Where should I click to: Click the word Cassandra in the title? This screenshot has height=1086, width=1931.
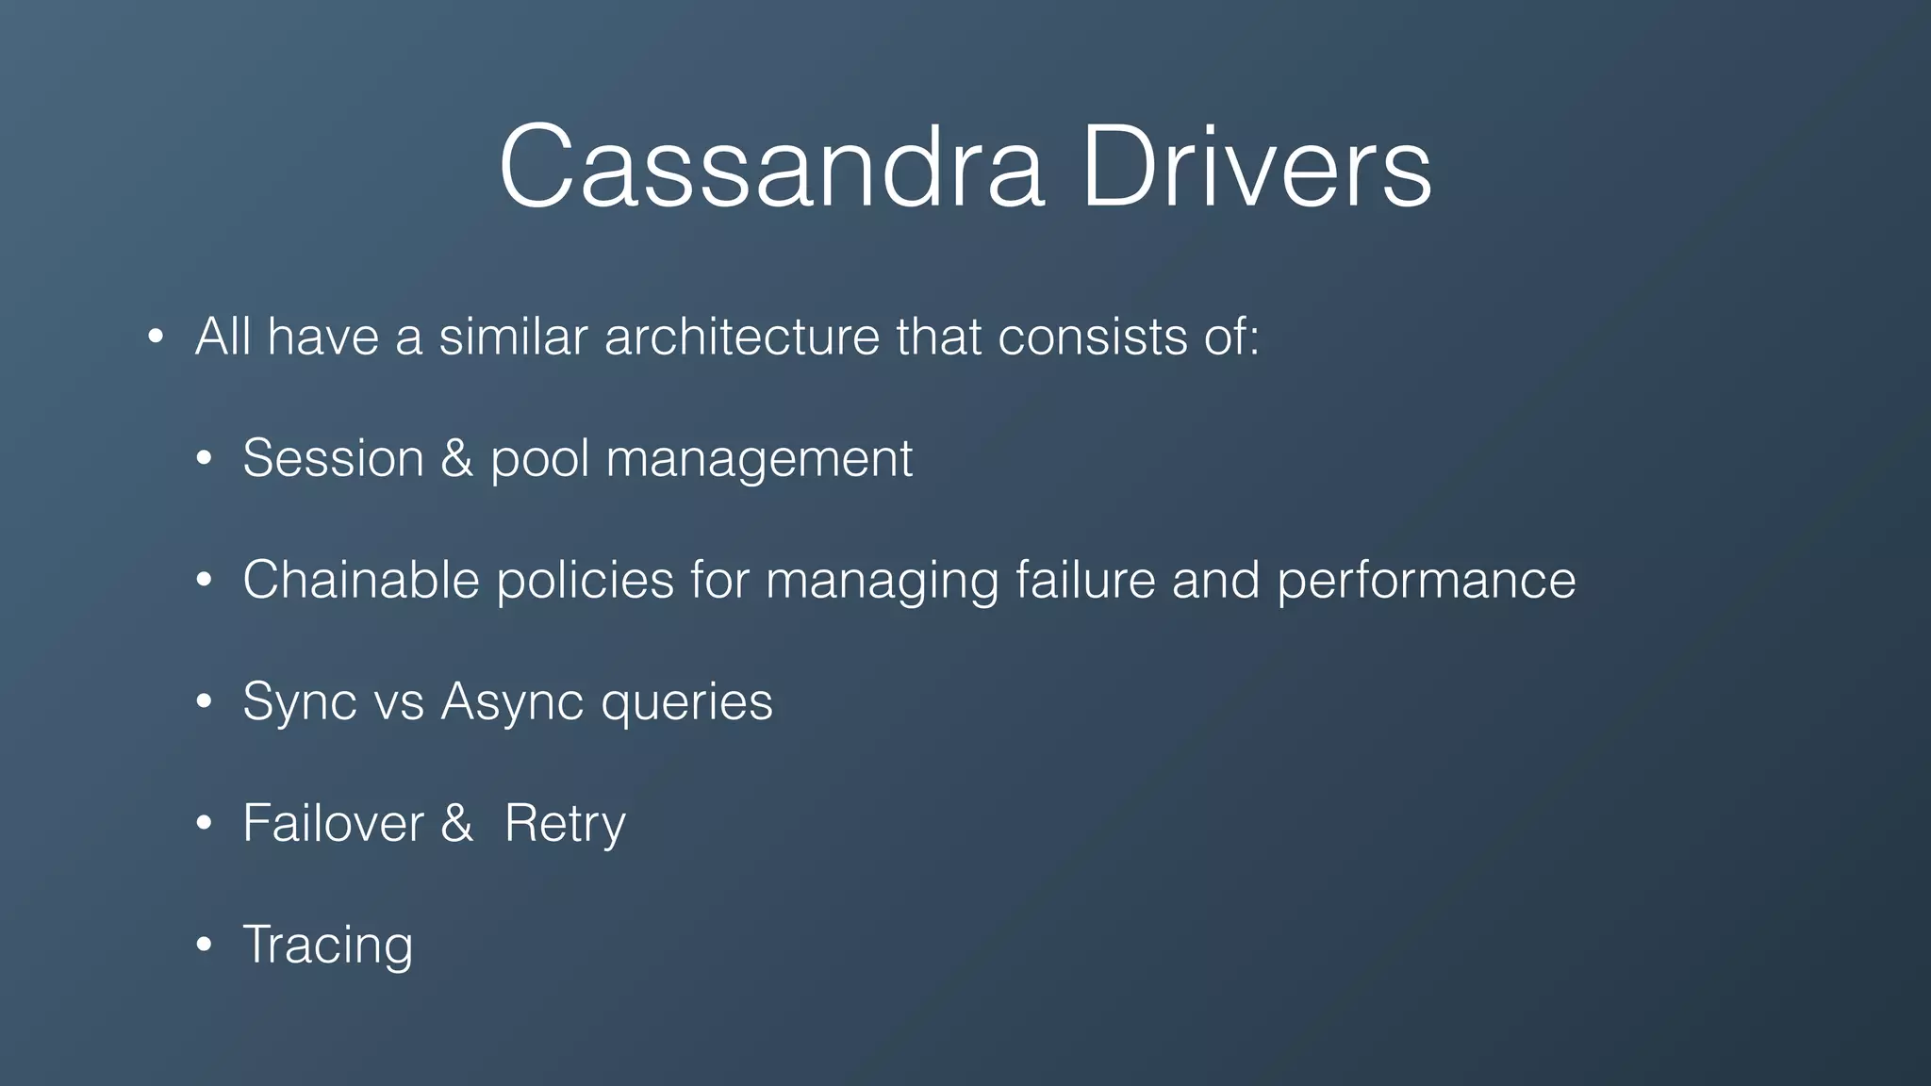click(x=771, y=168)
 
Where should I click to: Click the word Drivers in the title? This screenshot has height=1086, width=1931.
click(x=1257, y=168)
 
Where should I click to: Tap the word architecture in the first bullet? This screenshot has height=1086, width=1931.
click(x=741, y=337)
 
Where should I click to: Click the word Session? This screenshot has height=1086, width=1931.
click(x=333, y=458)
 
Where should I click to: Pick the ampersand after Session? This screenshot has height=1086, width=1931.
click(x=456, y=458)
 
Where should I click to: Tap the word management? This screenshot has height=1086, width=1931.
click(x=759, y=460)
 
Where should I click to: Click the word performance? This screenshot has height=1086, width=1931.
click(x=1426, y=581)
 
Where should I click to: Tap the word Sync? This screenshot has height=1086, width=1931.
click(x=300, y=702)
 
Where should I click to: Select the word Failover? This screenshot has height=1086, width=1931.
click(x=333, y=823)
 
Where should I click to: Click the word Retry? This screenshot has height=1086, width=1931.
click(x=564, y=825)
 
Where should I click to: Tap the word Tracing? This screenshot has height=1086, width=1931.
click(x=327, y=946)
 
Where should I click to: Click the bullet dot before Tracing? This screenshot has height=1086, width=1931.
click(x=204, y=945)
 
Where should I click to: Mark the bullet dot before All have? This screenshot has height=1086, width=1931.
click(x=156, y=337)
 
